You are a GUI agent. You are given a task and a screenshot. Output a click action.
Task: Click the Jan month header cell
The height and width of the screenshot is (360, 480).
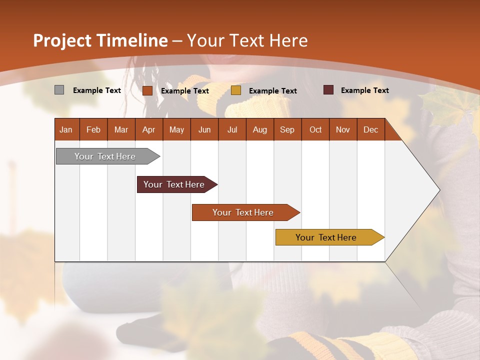[x=66, y=129]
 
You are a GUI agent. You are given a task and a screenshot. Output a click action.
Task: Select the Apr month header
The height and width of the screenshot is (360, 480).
[x=149, y=129]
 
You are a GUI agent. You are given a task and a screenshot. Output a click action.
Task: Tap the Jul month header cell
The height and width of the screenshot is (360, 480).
[x=232, y=129]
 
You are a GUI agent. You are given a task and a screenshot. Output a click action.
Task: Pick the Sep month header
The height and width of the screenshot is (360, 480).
[x=287, y=129]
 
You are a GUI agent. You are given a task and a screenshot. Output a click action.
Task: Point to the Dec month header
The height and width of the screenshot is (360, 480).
[x=370, y=129]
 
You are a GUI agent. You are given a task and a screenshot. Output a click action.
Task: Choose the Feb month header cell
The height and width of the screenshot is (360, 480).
[x=93, y=129]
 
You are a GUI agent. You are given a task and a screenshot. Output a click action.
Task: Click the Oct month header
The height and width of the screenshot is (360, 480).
[x=315, y=129]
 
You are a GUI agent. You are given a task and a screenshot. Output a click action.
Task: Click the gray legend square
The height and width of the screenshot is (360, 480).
[x=59, y=90]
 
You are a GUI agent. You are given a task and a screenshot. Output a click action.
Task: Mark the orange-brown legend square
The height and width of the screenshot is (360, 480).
[x=147, y=90]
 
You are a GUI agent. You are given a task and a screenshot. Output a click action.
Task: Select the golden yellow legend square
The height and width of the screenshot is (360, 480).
[x=236, y=90]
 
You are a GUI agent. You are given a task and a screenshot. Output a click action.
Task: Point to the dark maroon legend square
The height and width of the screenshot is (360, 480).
[x=328, y=90]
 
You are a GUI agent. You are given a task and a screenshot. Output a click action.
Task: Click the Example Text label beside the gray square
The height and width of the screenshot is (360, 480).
[x=97, y=90]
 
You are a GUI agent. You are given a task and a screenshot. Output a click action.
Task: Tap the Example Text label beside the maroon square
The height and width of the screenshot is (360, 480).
[x=365, y=90]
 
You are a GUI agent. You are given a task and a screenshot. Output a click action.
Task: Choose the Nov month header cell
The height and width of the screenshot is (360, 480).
[x=343, y=129]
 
